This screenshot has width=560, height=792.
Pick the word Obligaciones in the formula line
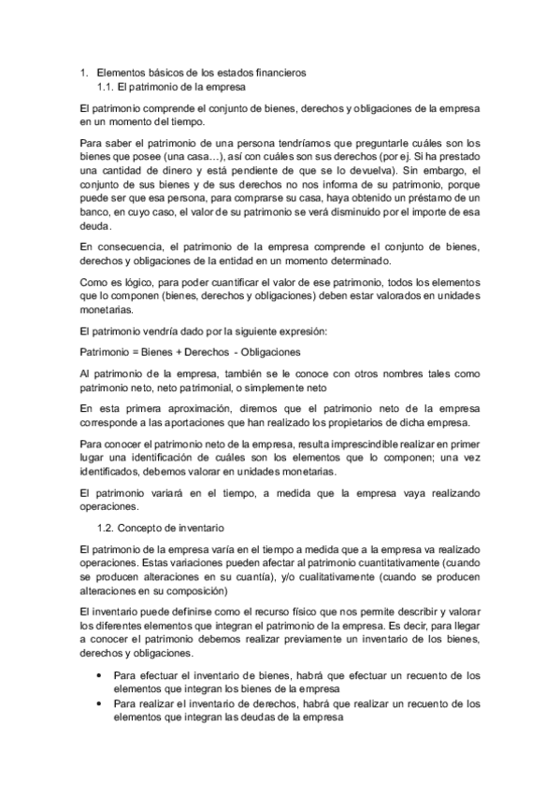point(272,351)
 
